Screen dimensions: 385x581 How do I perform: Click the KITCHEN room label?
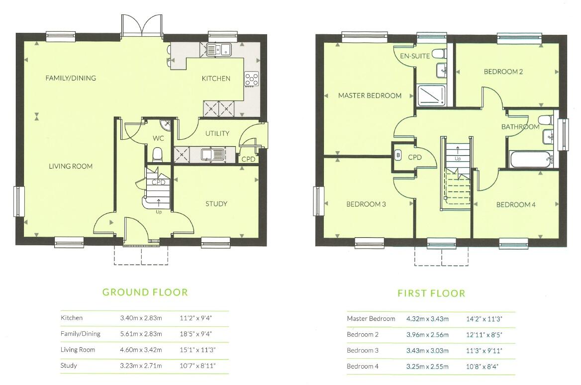pos(215,78)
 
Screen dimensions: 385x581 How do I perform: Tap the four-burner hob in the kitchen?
pos(252,79)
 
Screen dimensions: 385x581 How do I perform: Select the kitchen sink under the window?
pos(218,49)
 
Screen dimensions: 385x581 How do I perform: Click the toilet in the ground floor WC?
pos(158,155)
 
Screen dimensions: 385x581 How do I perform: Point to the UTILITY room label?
pos(217,133)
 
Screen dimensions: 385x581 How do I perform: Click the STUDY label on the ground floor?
pos(216,203)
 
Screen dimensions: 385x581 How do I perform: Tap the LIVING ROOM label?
pos(71,166)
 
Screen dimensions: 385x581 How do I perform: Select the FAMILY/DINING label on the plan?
pos(71,78)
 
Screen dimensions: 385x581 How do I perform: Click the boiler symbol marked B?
pos(398,155)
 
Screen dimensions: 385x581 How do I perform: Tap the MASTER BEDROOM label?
pos(370,96)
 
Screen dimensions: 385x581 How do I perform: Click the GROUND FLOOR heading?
pos(145,292)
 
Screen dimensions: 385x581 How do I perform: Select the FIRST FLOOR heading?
pos(431,293)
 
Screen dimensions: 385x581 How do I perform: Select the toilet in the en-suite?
pos(438,53)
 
